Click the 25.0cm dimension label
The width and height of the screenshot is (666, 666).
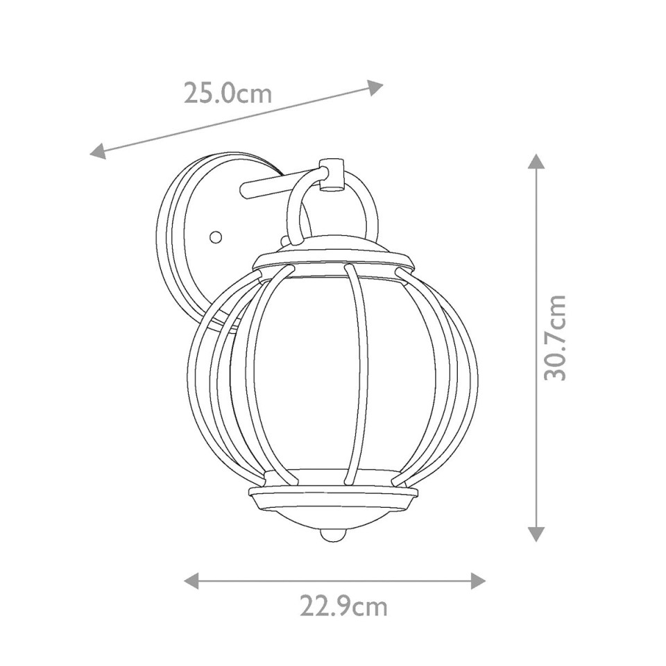[228, 93]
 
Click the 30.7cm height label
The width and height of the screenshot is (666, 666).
[555, 337]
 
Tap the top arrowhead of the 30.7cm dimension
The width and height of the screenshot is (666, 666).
[536, 162]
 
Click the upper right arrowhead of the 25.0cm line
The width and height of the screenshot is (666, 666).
[375, 87]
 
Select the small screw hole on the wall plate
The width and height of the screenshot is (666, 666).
[216, 237]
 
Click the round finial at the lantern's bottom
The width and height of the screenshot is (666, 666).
[333, 536]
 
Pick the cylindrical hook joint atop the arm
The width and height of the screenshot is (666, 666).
[332, 174]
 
